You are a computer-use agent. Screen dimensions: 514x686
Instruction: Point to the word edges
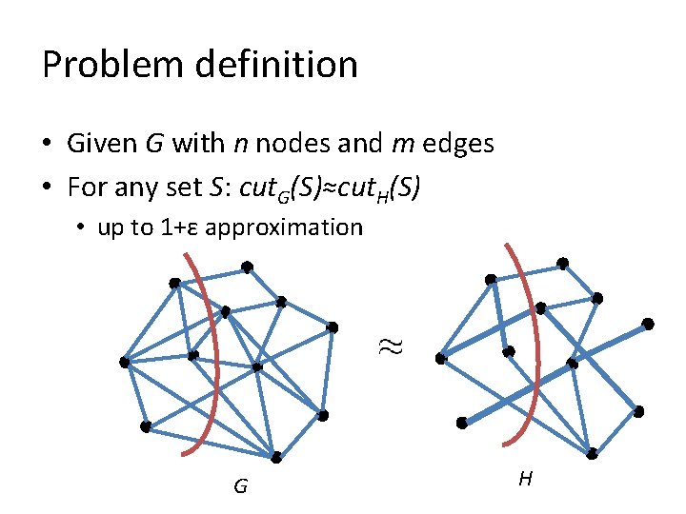(458, 144)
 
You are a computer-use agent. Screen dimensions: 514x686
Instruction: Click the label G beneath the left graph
(240, 487)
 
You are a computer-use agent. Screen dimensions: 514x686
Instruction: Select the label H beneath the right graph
(525, 479)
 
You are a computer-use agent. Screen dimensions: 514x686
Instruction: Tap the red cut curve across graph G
(217, 352)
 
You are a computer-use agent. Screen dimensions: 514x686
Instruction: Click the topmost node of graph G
(246, 267)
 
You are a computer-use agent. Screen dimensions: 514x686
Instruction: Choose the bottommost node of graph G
(276, 458)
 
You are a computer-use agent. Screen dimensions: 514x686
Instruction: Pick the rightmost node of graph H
(649, 324)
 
